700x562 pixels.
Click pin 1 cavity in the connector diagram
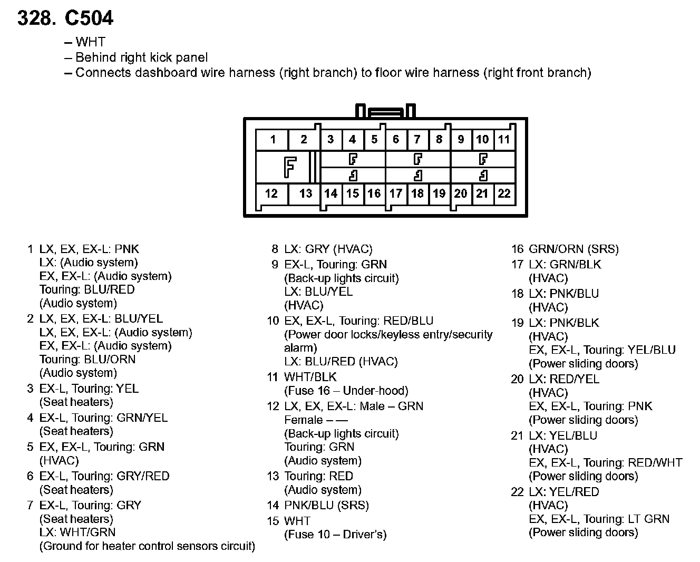pyautogui.click(x=273, y=140)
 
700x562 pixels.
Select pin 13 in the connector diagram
pyautogui.click(x=305, y=193)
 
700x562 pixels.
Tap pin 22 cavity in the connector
pyautogui.click(x=504, y=193)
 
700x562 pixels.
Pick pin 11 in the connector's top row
pyautogui.click(x=504, y=140)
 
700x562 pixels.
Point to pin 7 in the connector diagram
pyautogui.click(x=417, y=140)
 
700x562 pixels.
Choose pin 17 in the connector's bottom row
pyautogui.click(x=396, y=193)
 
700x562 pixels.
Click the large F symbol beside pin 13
pyautogui.click(x=289, y=167)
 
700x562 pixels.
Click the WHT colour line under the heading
pyautogui.click(x=90, y=42)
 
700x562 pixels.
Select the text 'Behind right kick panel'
pyautogui.click(x=141, y=57)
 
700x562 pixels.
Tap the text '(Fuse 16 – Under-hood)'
pyautogui.click(x=346, y=391)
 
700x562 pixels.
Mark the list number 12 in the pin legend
pyautogui.click(x=273, y=406)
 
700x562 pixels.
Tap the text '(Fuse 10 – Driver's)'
pyautogui.click(x=335, y=535)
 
